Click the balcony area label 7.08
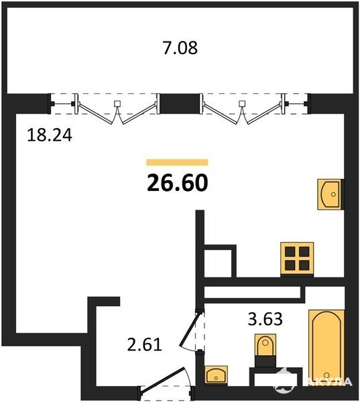point(180,48)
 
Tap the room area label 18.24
point(50,135)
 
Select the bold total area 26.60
point(178,183)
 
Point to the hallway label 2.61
point(145,344)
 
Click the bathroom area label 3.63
point(265,319)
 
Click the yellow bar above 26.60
point(177,162)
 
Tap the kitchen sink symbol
point(331,194)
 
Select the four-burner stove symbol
point(297,259)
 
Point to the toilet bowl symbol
point(265,345)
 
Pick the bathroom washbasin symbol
point(217,375)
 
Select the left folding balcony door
point(117,109)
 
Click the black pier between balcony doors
point(180,104)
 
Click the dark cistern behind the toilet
point(265,361)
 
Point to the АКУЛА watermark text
point(329,381)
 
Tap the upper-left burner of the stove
point(290,251)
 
